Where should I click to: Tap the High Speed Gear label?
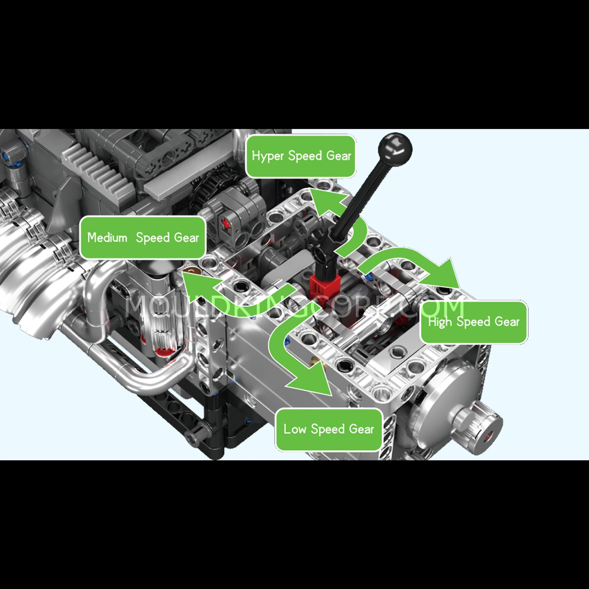(474, 322)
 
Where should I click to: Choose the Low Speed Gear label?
(329, 429)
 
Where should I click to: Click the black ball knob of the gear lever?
(395, 149)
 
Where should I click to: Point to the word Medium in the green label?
(107, 237)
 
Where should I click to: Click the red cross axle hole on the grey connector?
(226, 224)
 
